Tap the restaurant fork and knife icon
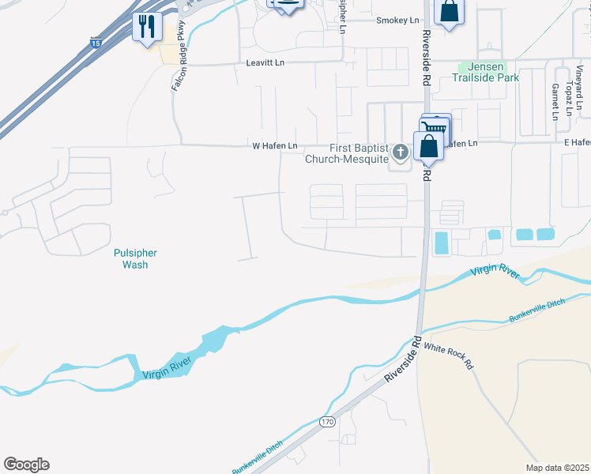coord(148,28)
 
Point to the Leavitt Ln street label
coord(265,62)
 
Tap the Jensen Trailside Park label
coord(487,73)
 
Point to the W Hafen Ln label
coord(274,146)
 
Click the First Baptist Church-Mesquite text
coord(347,153)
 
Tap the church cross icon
coord(401,152)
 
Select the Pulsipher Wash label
coord(135,259)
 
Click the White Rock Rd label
coord(447,356)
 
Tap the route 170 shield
coord(327,422)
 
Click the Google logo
coord(26,465)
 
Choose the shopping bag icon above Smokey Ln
coord(449,13)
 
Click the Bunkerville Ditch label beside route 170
coord(258,457)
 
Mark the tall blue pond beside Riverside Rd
coord(441,243)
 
